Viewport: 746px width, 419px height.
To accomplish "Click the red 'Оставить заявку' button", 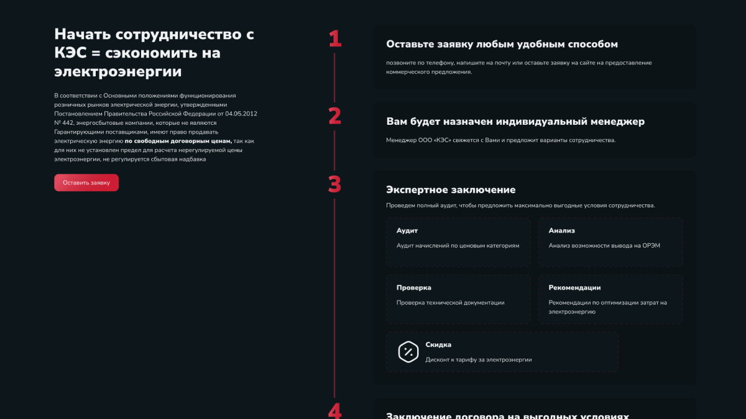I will pyautogui.click(x=86, y=182).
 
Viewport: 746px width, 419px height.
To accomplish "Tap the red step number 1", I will pyautogui.click(x=335, y=39).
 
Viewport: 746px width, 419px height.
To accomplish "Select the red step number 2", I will pyautogui.click(x=335, y=116).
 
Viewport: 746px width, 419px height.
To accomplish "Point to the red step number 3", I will pyautogui.click(x=335, y=185).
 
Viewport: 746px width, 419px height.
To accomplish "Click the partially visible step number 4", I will pyautogui.click(x=335, y=412).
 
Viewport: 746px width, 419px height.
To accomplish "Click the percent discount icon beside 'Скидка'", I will pyautogui.click(x=408, y=351).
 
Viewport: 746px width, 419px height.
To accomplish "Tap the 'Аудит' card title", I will pyautogui.click(x=407, y=230).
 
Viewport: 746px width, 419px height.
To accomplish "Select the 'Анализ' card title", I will pyautogui.click(x=562, y=230).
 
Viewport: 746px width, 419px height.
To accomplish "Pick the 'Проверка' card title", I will pyautogui.click(x=414, y=287).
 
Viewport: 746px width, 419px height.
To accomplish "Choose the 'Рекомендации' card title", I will pyautogui.click(x=574, y=287).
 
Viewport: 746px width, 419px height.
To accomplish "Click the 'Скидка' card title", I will pyautogui.click(x=438, y=345).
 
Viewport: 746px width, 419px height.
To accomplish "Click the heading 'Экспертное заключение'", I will pyautogui.click(x=451, y=190).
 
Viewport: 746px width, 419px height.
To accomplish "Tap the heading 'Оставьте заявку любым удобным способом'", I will pyautogui.click(x=502, y=44).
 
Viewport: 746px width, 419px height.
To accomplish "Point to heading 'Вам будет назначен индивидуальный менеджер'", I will pyautogui.click(x=515, y=122).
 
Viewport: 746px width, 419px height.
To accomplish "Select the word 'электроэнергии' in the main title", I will pyautogui.click(x=118, y=72).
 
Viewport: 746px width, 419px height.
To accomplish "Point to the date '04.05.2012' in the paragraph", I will pyautogui.click(x=241, y=114).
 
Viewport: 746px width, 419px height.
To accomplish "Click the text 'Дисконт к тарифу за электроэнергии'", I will pyautogui.click(x=479, y=359).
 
